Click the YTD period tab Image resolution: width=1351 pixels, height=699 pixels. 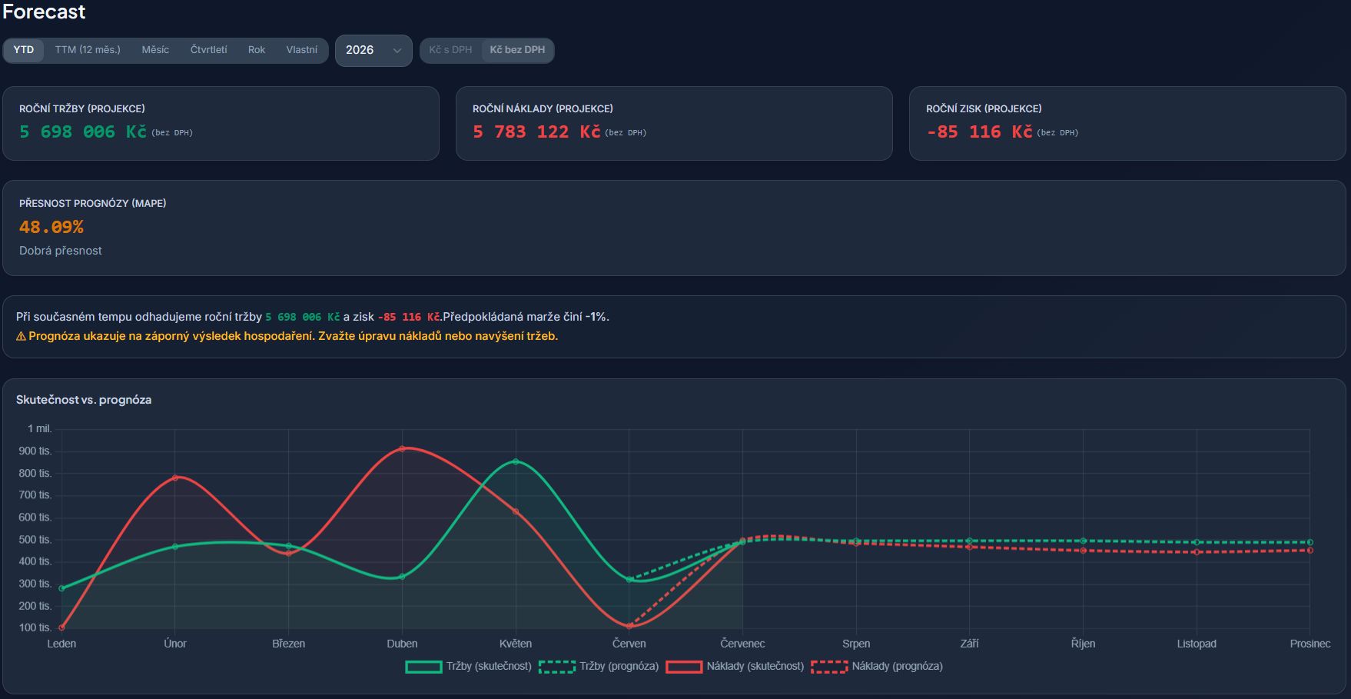[x=24, y=50]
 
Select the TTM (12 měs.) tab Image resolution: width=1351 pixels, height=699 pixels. [x=88, y=50]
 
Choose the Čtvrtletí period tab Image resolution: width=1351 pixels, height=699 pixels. [x=209, y=50]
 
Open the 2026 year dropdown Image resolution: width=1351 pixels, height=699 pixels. [x=373, y=51]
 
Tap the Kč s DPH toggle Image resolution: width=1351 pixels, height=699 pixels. [x=451, y=50]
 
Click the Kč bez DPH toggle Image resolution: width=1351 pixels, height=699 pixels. [x=517, y=50]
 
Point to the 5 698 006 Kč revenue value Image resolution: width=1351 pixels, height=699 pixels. [x=83, y=132]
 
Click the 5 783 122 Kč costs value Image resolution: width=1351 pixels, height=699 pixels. [x=536, y=132]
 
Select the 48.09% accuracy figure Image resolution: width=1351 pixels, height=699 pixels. [x=51, y=227]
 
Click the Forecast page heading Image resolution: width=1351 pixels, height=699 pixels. [x=44, y=12]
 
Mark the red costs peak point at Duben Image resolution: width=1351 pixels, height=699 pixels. [x=402, y=448]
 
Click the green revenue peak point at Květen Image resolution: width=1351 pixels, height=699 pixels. [x=516, y=461]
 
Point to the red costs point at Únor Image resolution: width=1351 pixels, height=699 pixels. [x=175, y=478]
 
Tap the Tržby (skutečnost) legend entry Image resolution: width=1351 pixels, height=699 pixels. [x=469, y=667]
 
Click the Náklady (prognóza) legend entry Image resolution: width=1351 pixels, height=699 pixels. [x=877, y=667]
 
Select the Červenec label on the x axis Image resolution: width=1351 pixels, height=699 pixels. [x=742, y=644]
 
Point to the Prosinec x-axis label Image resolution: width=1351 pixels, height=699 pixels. [x=1310, y=644]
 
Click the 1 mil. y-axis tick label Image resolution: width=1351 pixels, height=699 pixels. [x=40, y=429]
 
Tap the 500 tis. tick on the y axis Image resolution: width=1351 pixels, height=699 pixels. [x=35, y=540]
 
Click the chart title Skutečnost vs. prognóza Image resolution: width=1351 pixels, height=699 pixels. [x=84, y=400]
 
